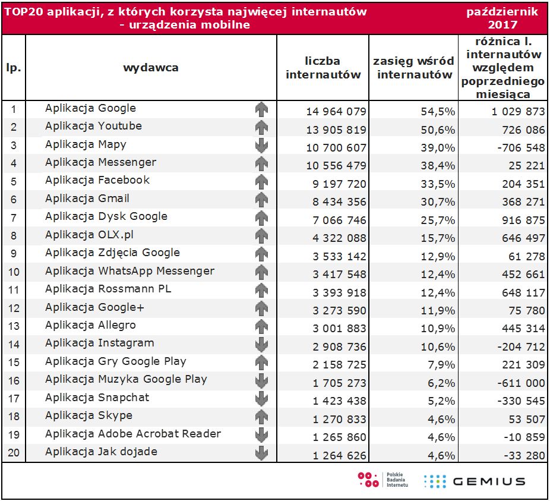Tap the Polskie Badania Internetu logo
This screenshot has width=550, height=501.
pyautogui.click(x=383, y=480)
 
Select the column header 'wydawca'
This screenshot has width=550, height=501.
pyautogui.click(x=151, y=67)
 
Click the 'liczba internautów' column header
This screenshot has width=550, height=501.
pyautogui.click(x=323, y=68)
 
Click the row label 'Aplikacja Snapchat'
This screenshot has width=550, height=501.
pyautogui.click(x=97, y=398)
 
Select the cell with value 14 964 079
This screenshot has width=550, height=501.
pyautogui.click(x=336, y=112)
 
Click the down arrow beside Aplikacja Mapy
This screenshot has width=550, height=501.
pyautogui.click(x=261, y=146)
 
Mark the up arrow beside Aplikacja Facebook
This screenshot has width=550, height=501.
pyautogui.click(x=261, y=182)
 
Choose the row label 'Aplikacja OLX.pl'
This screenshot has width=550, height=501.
pyautogui.click(x=90, y=234)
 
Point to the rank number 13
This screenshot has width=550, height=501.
pyautogui.click(x=14, y=326)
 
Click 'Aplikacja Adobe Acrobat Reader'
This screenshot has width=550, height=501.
pyautogui.click(x=132, y=434)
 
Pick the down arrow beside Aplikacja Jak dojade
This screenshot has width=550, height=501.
pyautogui.click(x=261, y=453)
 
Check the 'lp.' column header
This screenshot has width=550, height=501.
pyautogui.click(x=14, y=67)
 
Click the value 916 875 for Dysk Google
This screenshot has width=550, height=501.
pyautogui.click(x=520, y=220)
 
